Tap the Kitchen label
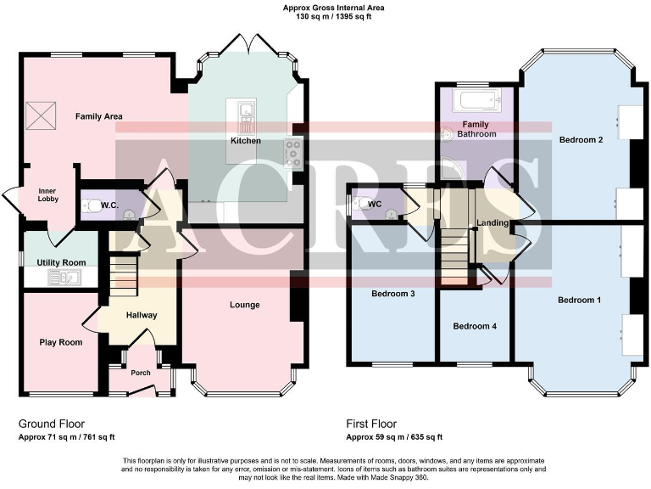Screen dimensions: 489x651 (245, 140)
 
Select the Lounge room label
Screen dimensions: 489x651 (244, 305)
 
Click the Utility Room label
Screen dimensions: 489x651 (63, 263)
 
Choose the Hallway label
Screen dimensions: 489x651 (142, 315)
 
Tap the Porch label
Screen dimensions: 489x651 (140, 372)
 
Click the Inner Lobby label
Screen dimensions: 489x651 (47, 196)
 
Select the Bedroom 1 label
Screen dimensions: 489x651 (580, 300)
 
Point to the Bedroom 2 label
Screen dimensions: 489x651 (581, 139)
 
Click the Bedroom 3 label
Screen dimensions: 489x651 (392, 294)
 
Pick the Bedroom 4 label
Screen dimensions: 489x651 (474, 326)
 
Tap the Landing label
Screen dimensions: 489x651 (492, 223)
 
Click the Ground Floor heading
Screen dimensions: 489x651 (52, 423)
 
